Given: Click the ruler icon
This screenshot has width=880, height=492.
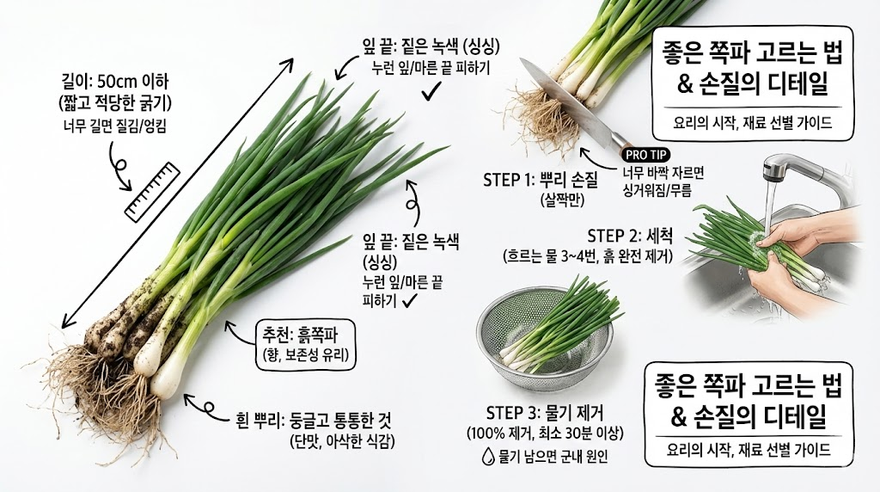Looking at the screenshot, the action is tap(151, 192).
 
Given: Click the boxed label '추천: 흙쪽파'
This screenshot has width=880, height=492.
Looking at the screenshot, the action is tap(305, 345).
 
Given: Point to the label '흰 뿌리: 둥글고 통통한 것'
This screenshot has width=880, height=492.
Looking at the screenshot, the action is tap(315, 419).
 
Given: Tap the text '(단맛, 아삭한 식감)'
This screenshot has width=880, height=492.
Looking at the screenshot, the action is tap(342, 441).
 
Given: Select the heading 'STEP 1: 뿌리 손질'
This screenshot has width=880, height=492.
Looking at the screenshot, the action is tap(541, 181).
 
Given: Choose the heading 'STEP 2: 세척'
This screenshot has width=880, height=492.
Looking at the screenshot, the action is tap(630, 236).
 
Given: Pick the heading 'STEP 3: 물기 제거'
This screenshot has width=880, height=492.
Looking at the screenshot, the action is tap(544, 414).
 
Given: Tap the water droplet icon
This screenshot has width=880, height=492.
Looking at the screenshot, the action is tap(488, 456).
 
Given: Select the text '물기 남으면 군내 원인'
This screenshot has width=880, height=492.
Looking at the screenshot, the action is tap(553, 457).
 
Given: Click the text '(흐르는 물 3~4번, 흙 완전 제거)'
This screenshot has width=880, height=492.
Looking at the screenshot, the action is tap(588, 256).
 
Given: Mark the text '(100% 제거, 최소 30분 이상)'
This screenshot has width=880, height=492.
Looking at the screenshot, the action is tap(544, 434).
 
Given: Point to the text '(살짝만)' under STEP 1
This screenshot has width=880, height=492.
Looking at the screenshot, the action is tap(563, 200).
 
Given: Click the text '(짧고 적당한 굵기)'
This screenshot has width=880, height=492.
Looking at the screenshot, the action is tap(114, 104).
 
